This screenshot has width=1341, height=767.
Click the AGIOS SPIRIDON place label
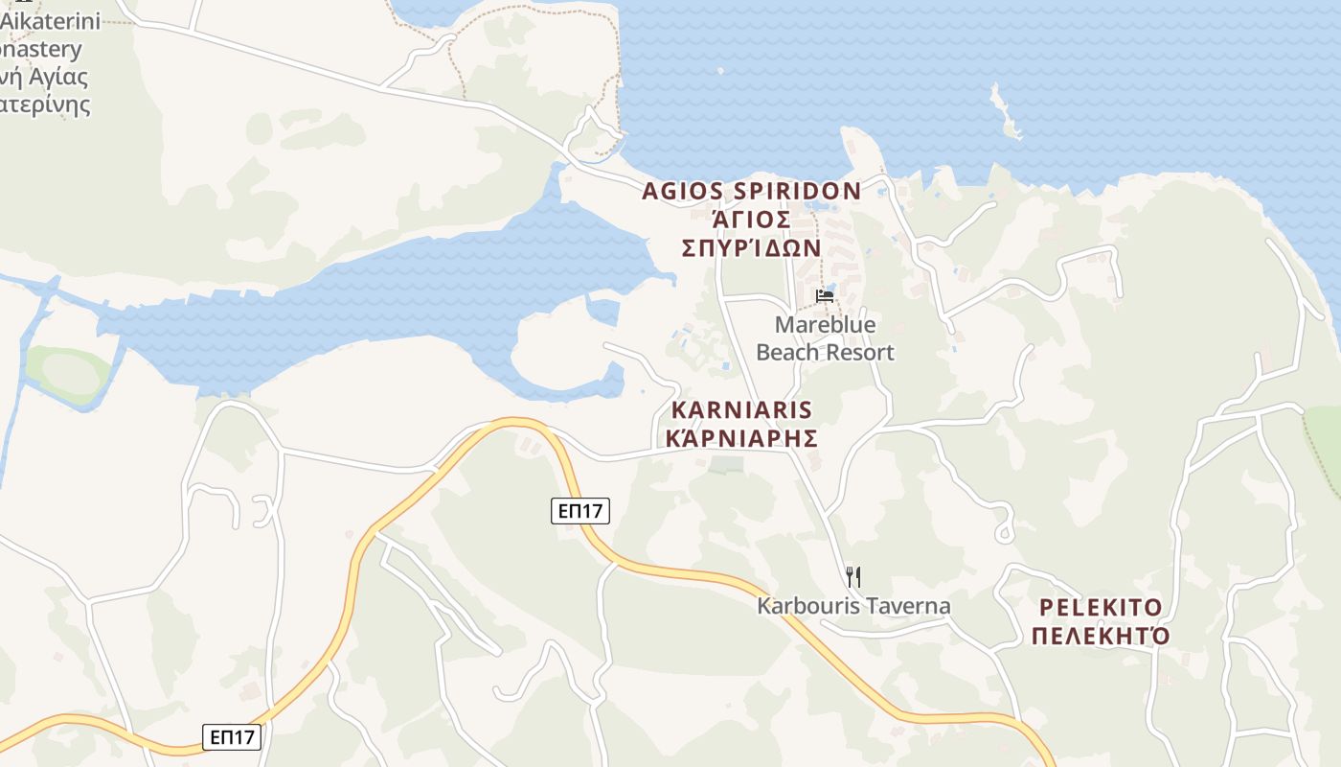coord(751,191)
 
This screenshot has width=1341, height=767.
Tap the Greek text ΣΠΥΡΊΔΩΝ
coord(751,247)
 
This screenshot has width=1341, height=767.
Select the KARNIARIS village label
coord(741,410)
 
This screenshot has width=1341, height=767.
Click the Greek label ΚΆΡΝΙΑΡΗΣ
coord(741,438)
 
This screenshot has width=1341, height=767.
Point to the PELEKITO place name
coord(1101,607)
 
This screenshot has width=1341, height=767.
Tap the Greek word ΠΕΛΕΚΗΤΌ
coord(1101,636)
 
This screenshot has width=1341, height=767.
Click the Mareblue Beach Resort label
coord(825,338)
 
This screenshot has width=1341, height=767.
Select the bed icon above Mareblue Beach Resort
coord(825,296)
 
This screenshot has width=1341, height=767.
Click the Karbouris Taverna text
coord(853,606)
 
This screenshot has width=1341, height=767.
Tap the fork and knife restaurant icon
coord(853,576)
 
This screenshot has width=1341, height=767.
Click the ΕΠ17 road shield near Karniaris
coord(580,511)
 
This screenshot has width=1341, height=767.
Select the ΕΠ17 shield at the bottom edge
coord(232,736)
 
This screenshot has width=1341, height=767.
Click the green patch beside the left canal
coord(67,372)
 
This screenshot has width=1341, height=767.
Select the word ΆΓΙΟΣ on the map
coord(751,220)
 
